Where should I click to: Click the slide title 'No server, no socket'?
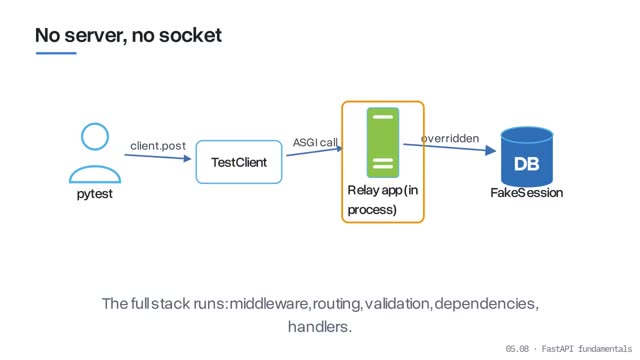pos(128,35)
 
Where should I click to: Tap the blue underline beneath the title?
pos(56,53)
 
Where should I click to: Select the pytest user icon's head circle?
pos(95,136)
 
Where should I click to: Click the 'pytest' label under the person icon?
pos(95,194)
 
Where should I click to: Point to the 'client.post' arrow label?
pos(158,146)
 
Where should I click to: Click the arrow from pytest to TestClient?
pos(158,157)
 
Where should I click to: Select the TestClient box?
pos(239,162)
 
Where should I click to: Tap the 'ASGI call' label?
pos(315,142)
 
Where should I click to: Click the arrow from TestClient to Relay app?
pos(314,151)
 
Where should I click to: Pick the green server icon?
pos(383,142)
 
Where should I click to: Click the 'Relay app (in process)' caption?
pos(382,200)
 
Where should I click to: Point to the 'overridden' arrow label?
pos(450,138)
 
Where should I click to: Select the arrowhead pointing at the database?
pos(491,151)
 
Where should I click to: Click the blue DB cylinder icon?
pos(527,156)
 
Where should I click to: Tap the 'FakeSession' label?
pos(527,193)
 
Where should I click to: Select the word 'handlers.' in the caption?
pos(320,327)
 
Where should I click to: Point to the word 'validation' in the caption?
pos(396,304)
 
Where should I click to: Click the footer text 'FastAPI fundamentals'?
pos(587,349)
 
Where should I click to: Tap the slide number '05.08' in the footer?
pos(517,349)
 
